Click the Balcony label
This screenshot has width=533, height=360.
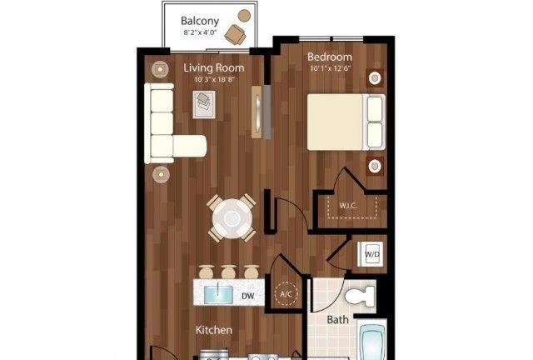pos(200,21)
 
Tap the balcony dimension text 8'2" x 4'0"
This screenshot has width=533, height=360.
pos(200,33)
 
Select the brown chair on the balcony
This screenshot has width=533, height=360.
pos(235,34)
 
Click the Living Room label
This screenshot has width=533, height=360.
pos(214,67)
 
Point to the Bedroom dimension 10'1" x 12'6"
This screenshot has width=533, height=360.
pos(330,68)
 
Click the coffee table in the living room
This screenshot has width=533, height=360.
pos(204,104)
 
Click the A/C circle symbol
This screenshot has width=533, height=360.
pos(286,293)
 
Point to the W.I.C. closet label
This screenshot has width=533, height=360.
pos(348,206)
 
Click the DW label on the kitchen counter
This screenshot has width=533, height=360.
pos(248,296)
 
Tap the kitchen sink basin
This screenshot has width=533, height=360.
pos(218,294)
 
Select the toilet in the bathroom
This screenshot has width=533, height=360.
pos(360,296)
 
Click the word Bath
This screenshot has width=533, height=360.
pos(337,320)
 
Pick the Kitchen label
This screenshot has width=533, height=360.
pos(214,330)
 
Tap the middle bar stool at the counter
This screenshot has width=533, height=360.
pos(229,272)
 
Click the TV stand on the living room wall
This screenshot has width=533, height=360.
pos(257,112)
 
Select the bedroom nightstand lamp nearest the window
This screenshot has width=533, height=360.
pos(375,78)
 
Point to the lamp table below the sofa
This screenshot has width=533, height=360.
pos(161,174)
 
